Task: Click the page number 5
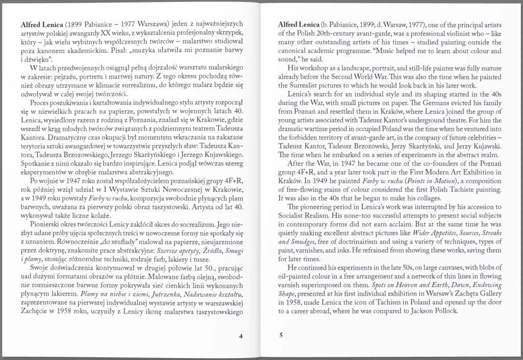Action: (x=281, y=335)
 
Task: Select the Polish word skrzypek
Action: (x=226, y=33)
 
